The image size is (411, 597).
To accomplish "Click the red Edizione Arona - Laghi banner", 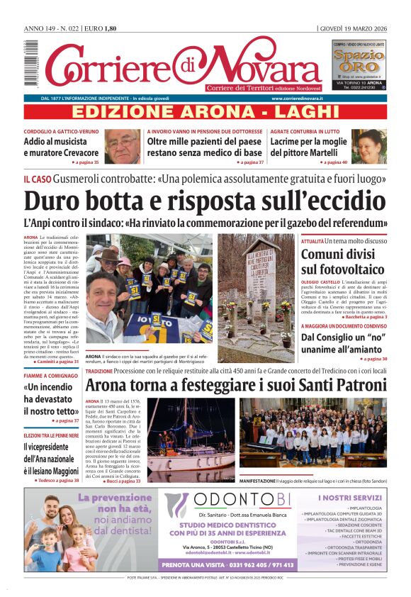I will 205,112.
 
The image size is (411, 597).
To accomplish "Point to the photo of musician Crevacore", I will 123,146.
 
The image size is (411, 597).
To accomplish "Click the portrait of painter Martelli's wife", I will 369,146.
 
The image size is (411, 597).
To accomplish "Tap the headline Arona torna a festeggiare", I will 235,386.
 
